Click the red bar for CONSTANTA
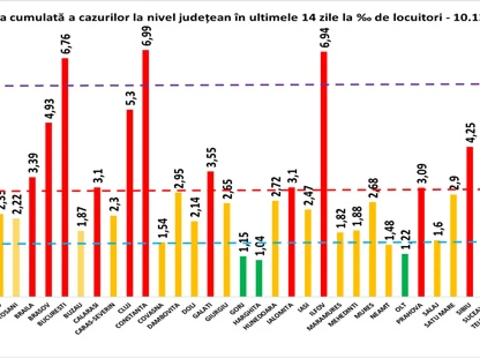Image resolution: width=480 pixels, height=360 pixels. [x=146, y=172]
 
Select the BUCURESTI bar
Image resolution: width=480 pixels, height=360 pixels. [x=65, y=176]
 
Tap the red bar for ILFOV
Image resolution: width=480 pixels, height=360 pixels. [x=324, y=174]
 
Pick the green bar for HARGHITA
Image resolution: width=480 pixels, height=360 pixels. [x=259, y=278]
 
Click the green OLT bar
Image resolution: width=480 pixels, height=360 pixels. [x=405, y=275]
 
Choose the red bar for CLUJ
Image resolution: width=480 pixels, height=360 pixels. [x=130, y=202]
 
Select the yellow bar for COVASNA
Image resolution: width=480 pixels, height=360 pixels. [x=162, y=269]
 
